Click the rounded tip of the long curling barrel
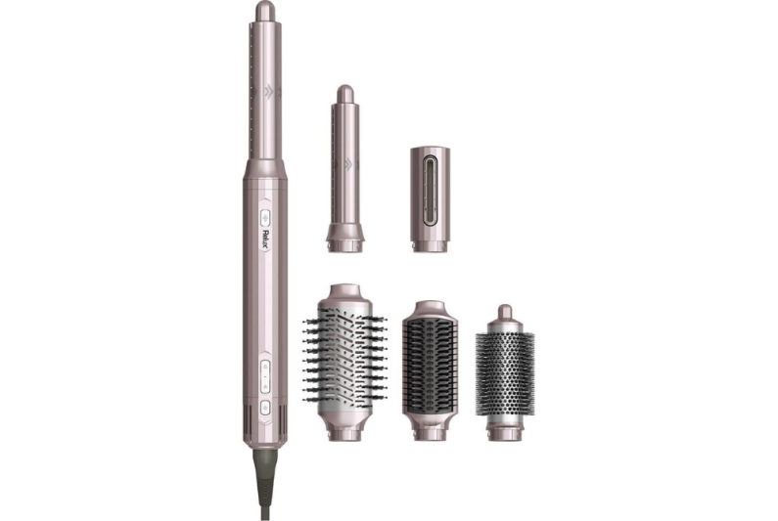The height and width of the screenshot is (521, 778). click(x=264, y=12)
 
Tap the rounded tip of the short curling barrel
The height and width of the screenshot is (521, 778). click(x=344, y=94)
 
